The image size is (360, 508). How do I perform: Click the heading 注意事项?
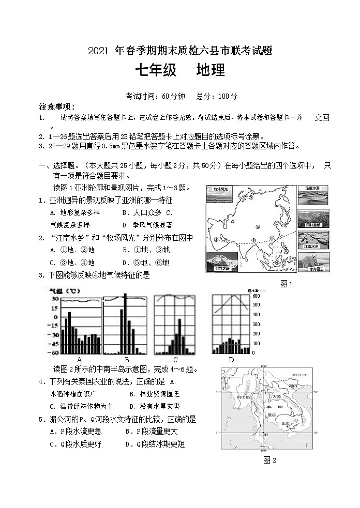[57, 107]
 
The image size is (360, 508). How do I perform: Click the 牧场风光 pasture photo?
[220, 195]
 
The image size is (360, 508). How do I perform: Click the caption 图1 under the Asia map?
[286, 284]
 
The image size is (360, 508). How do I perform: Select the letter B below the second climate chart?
[127, 360]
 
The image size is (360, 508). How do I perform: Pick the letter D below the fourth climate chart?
[231, 360]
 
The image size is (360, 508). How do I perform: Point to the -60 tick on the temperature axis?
[54, 352]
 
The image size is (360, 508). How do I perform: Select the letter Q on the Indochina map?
[295, 421]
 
